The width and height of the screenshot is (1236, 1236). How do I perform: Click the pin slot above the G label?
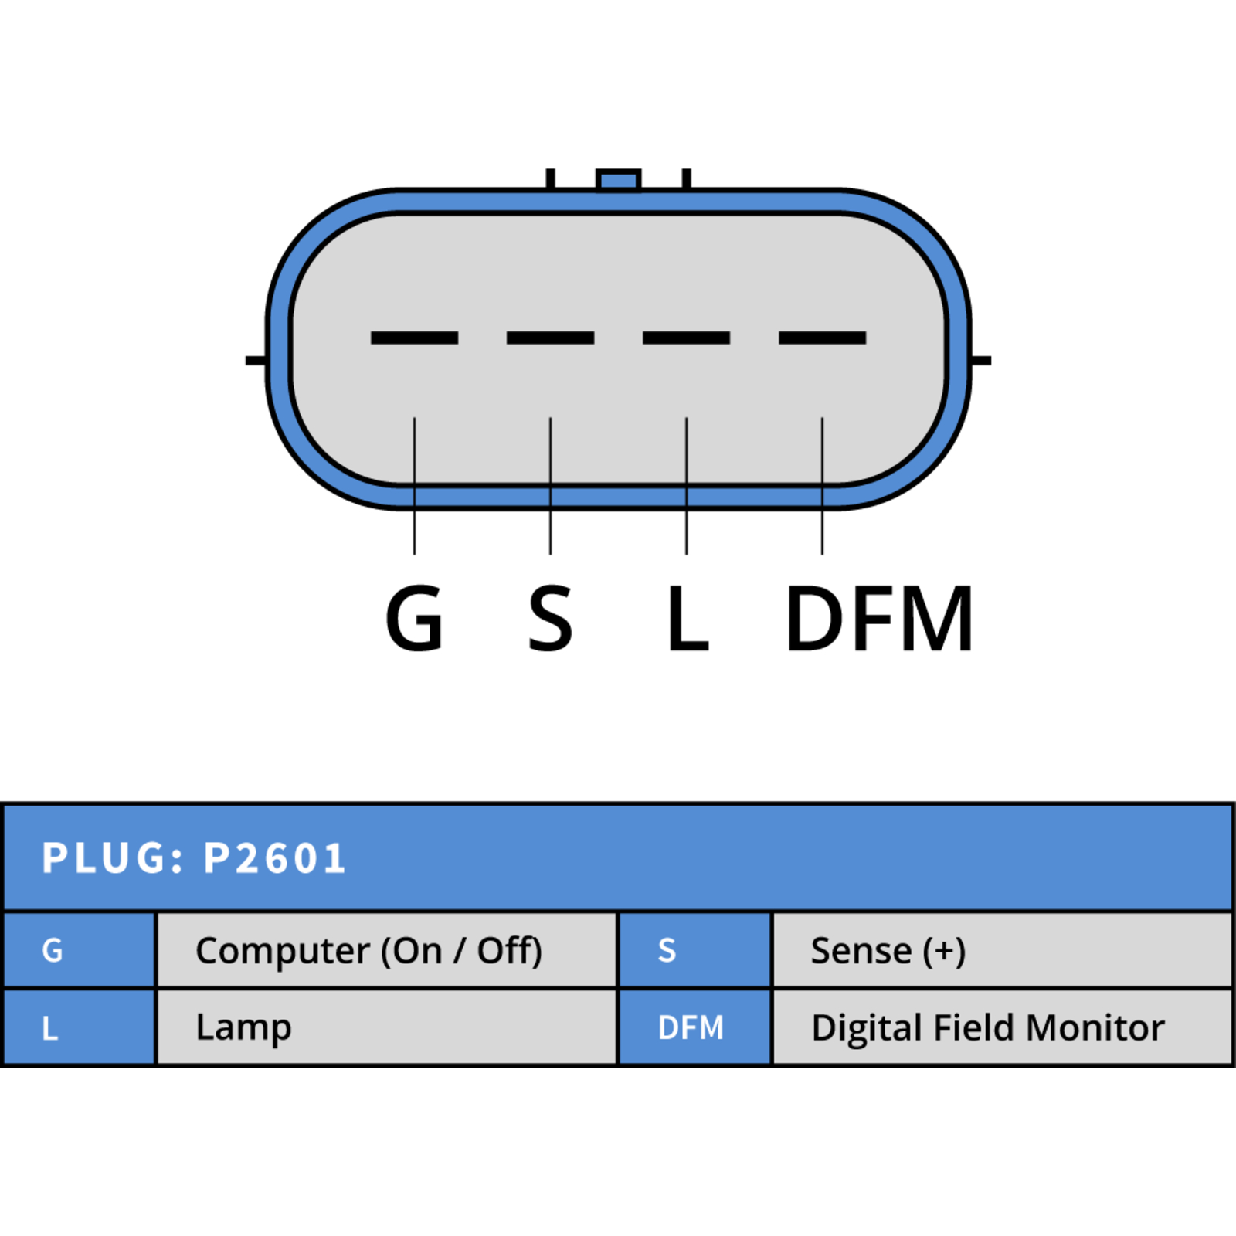tap(415, 338)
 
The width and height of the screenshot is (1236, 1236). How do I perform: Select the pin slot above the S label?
tap(550, 338)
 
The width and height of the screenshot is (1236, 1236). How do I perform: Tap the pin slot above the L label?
tap(686, 338)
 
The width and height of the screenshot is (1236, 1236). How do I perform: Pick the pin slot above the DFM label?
tap(822, 338)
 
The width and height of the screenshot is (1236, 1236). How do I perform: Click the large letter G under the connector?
tap(415, 618)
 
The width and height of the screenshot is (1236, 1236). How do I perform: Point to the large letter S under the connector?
tap(550, 618)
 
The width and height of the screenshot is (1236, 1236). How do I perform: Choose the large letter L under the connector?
tap(688, 618)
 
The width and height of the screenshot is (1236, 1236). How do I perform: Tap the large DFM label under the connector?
tap(878, 618)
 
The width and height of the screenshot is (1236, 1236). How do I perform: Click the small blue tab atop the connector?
tap(618, 180)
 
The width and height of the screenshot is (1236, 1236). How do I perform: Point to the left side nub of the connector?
tap(256, 360)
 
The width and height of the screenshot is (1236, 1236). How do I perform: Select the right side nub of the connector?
tap(980, 360)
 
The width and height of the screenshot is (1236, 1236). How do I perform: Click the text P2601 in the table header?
tap(274, 858)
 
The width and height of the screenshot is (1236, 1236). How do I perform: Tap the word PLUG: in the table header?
tap(113, 858)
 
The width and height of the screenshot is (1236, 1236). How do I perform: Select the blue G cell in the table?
tap(80, 950)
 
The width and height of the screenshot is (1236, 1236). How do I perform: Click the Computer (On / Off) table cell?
tap(387, 950)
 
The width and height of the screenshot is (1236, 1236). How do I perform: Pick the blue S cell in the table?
tap(695, 950)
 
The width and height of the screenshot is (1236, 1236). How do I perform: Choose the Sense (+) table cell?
tap(1003, 950)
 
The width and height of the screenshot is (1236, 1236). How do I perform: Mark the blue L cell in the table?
tap(80, 1027)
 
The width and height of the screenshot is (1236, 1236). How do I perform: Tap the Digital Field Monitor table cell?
tap(1003, 1027)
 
